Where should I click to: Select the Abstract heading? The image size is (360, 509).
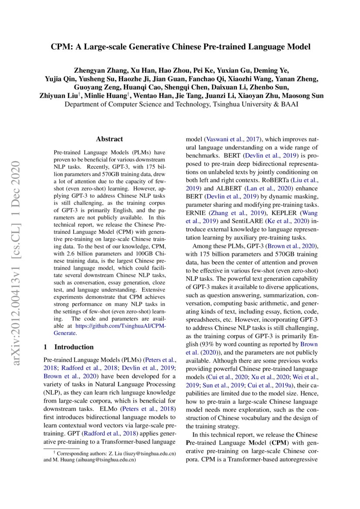pos(109,139)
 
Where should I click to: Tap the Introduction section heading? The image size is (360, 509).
pos(74,347)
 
